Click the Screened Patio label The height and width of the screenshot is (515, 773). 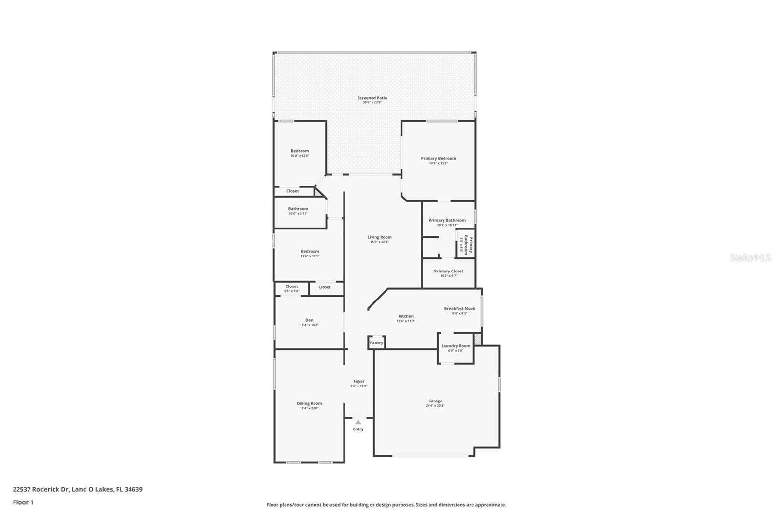[372, 98]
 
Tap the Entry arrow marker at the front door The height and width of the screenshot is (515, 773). [358, 422]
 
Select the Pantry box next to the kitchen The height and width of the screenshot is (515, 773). [376, 343]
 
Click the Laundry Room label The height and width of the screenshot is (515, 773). [456, 346]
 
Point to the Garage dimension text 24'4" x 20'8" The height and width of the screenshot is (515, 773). [435, 406]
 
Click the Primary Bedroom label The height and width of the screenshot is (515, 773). [438, 158]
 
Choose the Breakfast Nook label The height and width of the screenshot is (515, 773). [459, 308]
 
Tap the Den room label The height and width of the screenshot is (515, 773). [309, 320]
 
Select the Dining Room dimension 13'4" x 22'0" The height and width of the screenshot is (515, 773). [309, 408]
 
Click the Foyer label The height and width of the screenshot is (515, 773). [358, 381]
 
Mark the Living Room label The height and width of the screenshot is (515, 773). [379, 237]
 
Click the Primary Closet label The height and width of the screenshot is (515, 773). [448, 271]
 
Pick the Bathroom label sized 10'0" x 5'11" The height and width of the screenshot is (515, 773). [298, 209]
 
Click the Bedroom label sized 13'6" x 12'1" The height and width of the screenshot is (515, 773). [310, 251]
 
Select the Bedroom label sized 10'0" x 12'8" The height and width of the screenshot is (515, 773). [300, 151]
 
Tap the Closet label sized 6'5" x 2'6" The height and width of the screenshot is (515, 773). [291, 286]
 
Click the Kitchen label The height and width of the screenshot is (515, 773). [406, 316]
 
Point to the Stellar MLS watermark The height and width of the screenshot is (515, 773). [750, 258]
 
